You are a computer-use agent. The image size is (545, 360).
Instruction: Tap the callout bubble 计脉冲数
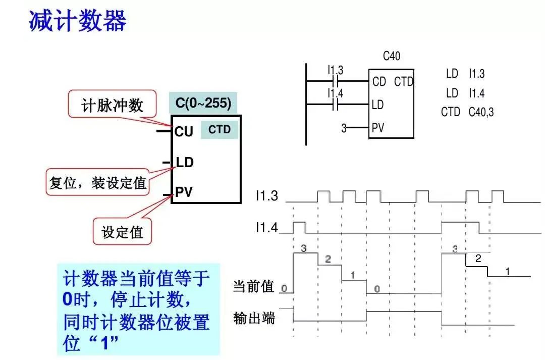(x=112, y=106)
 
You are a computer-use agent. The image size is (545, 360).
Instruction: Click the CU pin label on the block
(x=184, y=132)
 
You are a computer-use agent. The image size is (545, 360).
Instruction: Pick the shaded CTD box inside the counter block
(x=220, y=130)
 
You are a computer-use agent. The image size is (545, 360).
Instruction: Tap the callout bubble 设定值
(x=123, y=232)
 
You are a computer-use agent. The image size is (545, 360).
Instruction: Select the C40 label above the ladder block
(x=392, y=56)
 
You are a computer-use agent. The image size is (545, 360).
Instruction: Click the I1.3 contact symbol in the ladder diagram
(x=336, y=80)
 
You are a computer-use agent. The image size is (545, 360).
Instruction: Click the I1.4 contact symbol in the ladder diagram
(x=336, y=105)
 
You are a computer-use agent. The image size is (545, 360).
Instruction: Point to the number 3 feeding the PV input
(x=344, y=128)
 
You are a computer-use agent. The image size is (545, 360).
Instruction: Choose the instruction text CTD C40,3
(x=467, y=112)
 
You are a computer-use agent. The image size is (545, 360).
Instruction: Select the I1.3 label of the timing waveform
(x=266, y=196)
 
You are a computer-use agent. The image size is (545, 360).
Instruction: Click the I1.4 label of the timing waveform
(x=266, y=228)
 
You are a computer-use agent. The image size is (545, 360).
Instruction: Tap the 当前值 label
(x=253, y=287)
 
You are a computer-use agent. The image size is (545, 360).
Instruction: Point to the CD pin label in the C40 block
(x=379, y=81)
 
